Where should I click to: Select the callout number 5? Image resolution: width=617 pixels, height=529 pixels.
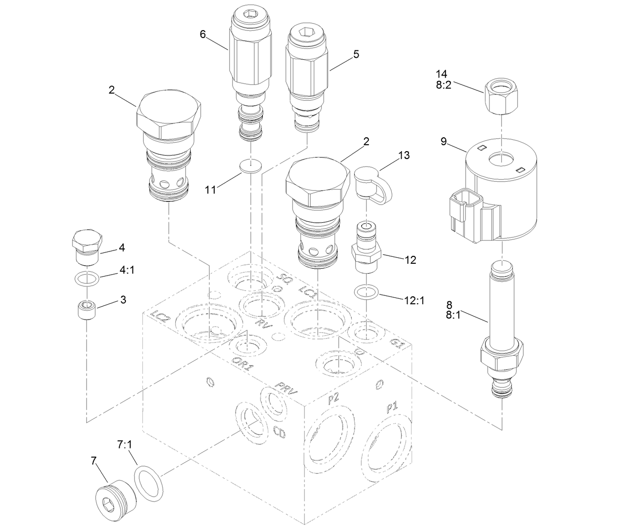click(356, 55)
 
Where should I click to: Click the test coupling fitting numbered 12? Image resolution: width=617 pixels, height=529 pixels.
click(366, 249)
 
